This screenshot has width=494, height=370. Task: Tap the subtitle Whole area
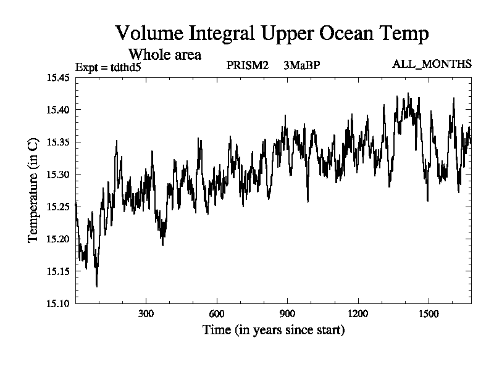(x=164, y=54)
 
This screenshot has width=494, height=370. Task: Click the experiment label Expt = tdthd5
(x=108, y=67)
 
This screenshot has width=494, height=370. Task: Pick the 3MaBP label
(x=302, y=65)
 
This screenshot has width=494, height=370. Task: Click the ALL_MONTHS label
(x=432, y=64)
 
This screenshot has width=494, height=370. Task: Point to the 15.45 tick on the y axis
(x=59, y=78)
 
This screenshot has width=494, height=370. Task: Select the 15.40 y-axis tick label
(x=59, y=110)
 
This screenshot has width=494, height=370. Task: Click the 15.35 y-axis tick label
(x=59, y=142)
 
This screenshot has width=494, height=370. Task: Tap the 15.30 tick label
(x=59, y=175)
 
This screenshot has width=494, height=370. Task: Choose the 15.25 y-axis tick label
(x=59, y=207)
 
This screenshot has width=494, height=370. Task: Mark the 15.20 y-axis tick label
(x=59, y=239)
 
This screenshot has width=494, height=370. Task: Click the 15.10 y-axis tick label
(x=59, y=303)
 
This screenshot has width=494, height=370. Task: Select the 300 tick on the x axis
(x=146, y=313)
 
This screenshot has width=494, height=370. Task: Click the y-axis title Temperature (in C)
(x=33, y=190)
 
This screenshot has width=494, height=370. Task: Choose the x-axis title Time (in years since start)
(x=274, y=331)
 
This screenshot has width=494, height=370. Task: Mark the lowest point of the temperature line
(x=97, y=286)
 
